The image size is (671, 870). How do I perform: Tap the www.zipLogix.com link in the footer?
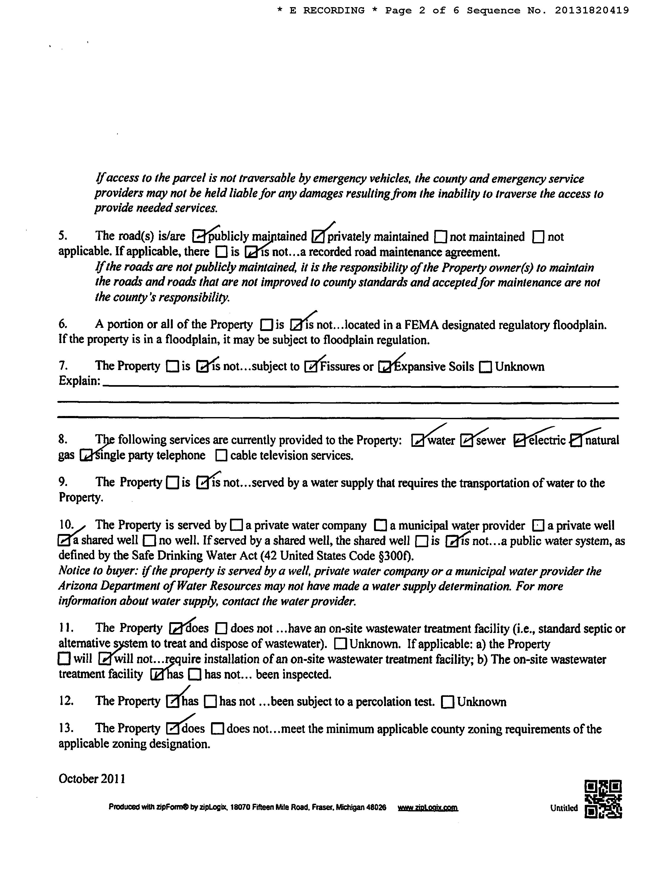click(428, 808)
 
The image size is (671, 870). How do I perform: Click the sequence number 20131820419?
click(592, 10)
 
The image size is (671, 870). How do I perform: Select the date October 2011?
click(92, 779)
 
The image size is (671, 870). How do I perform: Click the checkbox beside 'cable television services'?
click(221, 455)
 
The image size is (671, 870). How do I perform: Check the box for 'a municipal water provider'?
click(381, 526)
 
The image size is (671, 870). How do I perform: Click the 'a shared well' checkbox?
click(64, 541)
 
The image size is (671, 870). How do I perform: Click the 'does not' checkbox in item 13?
click(217, 729)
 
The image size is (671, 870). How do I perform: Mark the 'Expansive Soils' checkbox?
click(384, 366)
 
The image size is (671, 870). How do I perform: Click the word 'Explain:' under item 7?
click(79, 381)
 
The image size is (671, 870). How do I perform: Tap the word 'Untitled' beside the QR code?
click(564, 808)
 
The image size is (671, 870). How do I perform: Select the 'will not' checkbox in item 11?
click(104, 659)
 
